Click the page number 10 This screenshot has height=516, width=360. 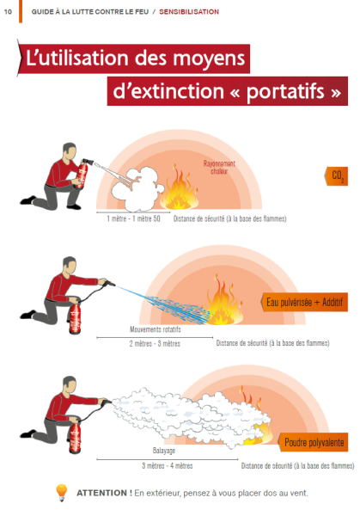pos(8,12)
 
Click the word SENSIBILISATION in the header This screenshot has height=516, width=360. pos(189,12)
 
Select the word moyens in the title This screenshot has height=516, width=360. pos(209,59)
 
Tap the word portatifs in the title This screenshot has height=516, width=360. pos(285,91)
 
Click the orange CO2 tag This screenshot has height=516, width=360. pos(337,176)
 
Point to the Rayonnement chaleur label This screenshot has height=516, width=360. pos(219,167)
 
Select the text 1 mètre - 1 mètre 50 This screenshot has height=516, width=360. pos(133,218)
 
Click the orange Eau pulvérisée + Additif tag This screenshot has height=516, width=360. pos(304,302)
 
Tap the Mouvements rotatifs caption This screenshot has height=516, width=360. pos(156,329)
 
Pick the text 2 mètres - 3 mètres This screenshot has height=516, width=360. pos(155,343)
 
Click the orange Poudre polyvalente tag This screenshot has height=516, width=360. pos(314,442)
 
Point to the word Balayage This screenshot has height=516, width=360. pos(164,451)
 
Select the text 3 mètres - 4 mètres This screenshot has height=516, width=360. pos(168,465)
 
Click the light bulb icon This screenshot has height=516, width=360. pos(62,493)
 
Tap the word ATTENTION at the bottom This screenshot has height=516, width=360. pos(101,493)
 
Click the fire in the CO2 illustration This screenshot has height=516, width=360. pos(180,190)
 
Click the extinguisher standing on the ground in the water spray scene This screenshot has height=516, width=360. pos(75,318)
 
